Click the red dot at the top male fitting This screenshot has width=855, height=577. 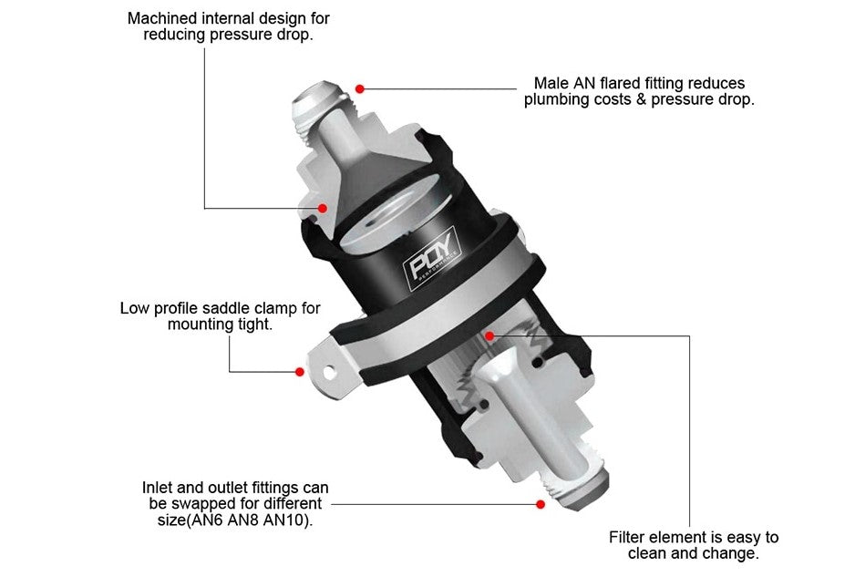pos(360,88)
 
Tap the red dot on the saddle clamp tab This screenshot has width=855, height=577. pos(299,371)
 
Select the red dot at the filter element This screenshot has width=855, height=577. pos(489,335)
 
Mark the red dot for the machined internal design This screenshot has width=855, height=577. pos(323,208)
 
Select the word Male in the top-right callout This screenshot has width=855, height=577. pos(552,83)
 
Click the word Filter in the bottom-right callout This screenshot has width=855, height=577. pos(630,537)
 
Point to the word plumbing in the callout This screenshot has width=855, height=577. pos(555,100)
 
